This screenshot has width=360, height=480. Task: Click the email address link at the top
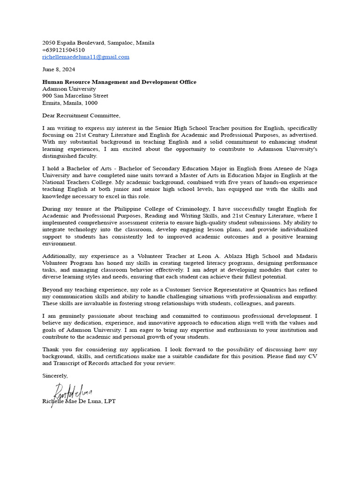click(85, 57)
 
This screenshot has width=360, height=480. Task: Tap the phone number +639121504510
click(63, 50)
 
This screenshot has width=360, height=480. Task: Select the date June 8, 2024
click(59, 69)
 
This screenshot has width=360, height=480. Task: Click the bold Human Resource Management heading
click(119, 82)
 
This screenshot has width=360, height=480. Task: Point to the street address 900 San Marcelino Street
click(75, 96)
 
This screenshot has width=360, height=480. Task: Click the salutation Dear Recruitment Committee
click(81, 115)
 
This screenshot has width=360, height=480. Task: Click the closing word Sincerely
click(55, 375)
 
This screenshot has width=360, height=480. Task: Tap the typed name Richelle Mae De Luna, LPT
click(79, 401)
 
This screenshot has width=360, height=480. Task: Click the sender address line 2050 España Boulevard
click(98, 43)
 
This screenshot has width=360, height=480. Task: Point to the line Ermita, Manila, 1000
click(70, 103)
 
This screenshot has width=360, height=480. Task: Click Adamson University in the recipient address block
click(69, 89)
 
